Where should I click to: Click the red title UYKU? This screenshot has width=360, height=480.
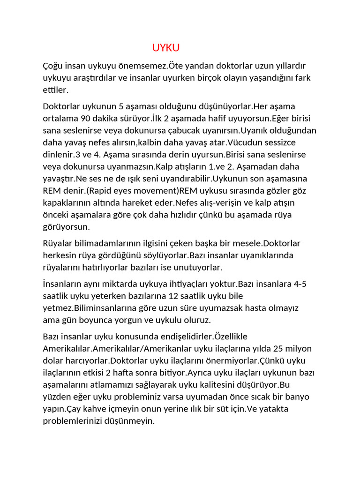pyautogui.click(x=166, y=48)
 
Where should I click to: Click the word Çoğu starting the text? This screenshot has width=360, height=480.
pyautogui.click(x=52, y=66)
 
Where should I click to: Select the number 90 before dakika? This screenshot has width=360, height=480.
pyautogui.click(x=84, y=118)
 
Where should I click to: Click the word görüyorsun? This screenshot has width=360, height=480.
pyautogui.click(x=66, y=227)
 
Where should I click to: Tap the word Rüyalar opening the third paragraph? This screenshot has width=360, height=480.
pyautogui.click(x=59, y=244)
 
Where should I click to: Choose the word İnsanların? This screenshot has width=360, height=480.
pyautogui.click(x=65, y=284)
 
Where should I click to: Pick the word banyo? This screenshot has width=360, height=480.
pyautogui.click(x=298, y=397)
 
